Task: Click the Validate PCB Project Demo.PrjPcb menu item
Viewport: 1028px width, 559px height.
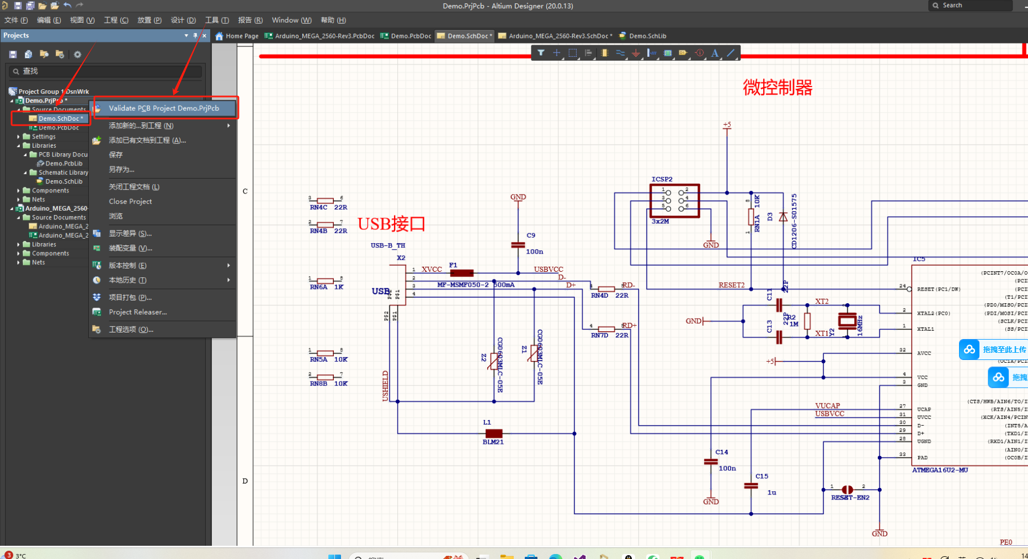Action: click(x=164, y=108)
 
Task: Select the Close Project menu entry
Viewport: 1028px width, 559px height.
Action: click(x=130, y=201)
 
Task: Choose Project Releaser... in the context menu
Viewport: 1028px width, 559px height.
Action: click(x=137, y=312)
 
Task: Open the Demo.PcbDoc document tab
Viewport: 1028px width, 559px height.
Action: click(x=411, y=36)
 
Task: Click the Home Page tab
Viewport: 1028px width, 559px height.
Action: click(x=242, y=36)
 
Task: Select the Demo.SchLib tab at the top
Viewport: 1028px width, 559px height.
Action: click(x=647, y=36)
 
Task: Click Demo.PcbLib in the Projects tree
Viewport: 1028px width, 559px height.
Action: click(x=64, y=163)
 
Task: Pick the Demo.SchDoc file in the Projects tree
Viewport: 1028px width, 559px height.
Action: click(x=59, y=119)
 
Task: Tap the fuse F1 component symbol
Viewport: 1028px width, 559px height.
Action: click(x=461, y=273)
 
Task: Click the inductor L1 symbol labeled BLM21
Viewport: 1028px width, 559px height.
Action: click(x=493, y=433)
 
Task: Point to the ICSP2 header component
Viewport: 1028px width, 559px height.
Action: click(x=675, y=201)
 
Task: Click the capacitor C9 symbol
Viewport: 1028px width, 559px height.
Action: click(x=518, y=245)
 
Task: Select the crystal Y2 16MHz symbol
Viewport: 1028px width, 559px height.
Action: click(x=847, y=321)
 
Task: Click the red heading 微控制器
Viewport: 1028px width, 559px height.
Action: click(x=777, y=88)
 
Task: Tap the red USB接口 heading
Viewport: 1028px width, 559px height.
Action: click(x=391, y=224)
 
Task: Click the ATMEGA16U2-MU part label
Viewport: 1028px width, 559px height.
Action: click(x=940, y=470)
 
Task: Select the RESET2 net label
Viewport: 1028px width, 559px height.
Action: click(x=731, y=285)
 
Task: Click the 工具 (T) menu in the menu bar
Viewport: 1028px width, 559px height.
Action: click(x=217, y=20)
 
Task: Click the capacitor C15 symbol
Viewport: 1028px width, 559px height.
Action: click(x=751, y=486)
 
